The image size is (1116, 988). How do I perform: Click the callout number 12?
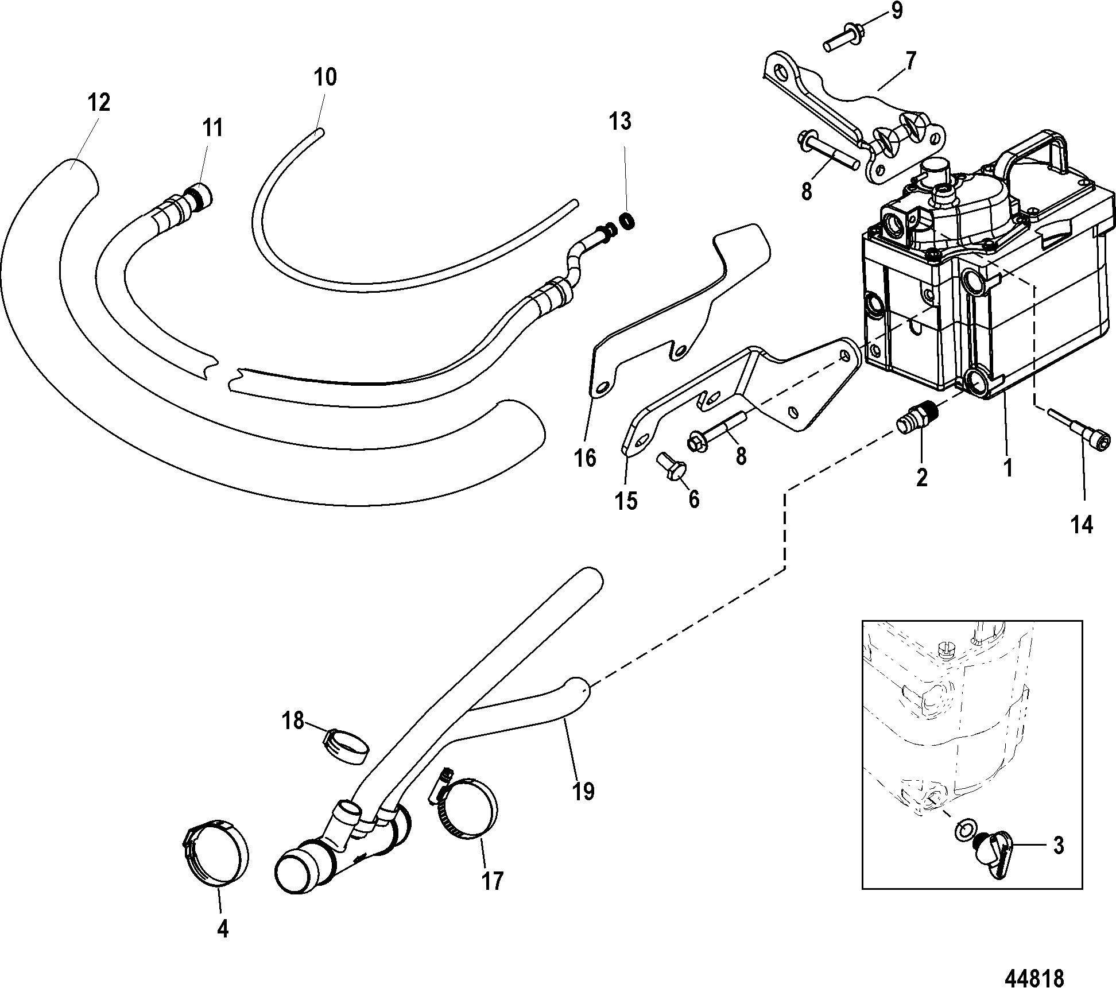click(99, 103)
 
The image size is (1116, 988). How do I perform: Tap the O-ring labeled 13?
click(628, 220)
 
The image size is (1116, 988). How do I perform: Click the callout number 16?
click(586, 458)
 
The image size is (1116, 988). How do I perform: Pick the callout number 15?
click(627, 501)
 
